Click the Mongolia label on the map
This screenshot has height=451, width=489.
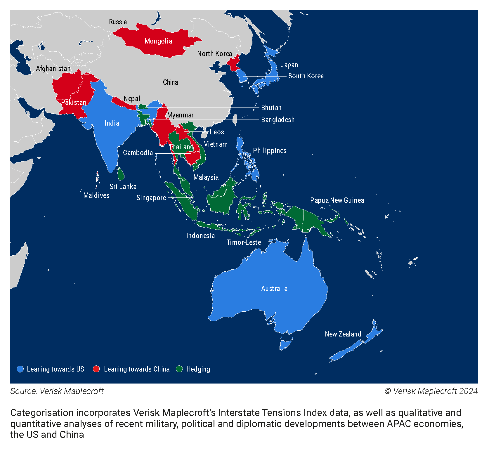158,41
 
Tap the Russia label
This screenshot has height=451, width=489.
118,22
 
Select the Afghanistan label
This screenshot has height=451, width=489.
53,69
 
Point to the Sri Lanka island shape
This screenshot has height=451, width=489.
121,174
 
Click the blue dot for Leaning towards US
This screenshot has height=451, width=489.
20,369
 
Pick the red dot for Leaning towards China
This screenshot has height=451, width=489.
96,369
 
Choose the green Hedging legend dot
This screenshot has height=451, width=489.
179,369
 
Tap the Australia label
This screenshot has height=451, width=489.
274,289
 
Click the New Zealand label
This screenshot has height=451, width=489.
343,334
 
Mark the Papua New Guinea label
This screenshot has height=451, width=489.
337,200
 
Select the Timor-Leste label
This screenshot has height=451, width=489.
244,242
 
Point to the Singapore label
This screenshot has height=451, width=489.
151,198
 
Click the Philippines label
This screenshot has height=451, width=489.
270,151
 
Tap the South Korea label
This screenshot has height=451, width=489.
306,76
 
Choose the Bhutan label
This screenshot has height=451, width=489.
271,108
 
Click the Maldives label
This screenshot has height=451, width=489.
96,195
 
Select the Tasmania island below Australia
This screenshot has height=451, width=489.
285,344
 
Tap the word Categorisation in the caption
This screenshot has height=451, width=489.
42,413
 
